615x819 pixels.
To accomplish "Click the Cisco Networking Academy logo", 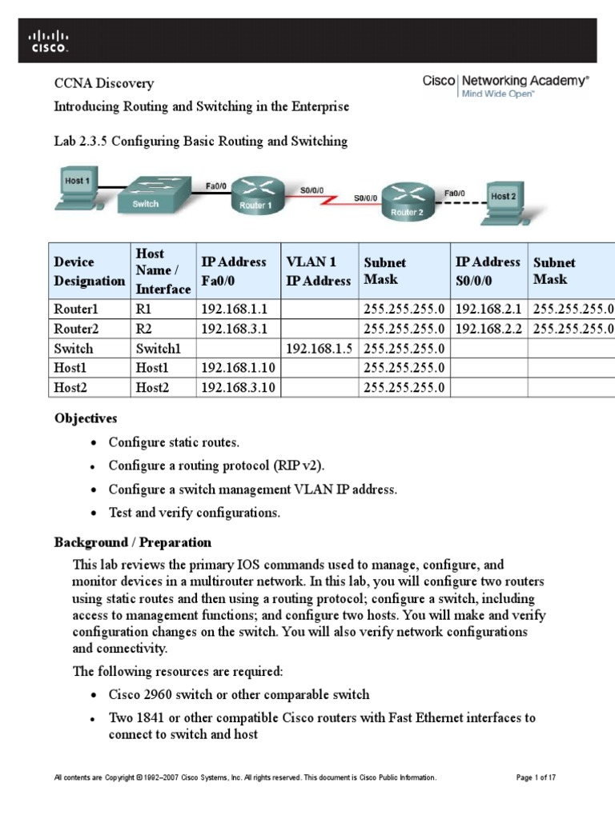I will [x=505, y=86].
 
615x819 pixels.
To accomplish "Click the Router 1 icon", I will [x=256, y=194].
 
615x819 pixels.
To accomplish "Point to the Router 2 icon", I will [x=408, y=200].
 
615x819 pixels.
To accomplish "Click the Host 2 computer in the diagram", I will [x=502, y=201].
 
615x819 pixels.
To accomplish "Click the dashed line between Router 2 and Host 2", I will [x=460, y=201].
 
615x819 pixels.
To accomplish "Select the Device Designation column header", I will [x=89, y=271].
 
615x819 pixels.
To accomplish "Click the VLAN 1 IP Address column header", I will [x=318, y=271].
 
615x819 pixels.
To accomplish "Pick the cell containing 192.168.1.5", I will [x=318, y=349].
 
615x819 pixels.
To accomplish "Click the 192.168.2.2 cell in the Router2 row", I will [x=488, y=329].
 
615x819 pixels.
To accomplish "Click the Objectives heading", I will [x=86, y=418].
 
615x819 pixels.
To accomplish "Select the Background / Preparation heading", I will [x=132, y=542].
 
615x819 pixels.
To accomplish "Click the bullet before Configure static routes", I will [x=94, y=443].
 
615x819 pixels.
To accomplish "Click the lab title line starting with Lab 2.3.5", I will [x=200, y=142].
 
